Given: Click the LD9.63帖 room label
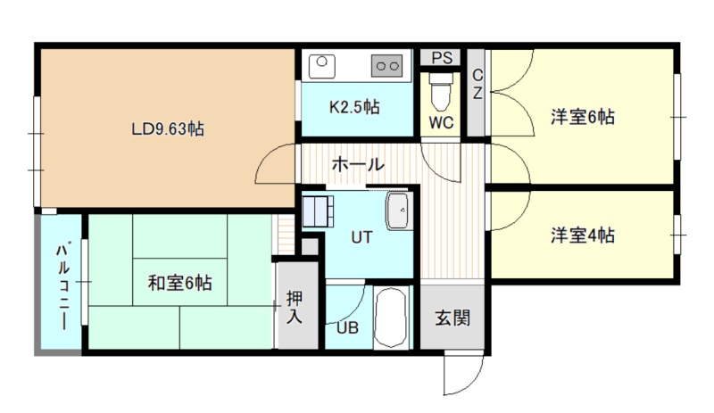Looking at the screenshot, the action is pyautogui.click(x=168, y=129).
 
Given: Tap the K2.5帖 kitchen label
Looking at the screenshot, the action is pyautogui.click(x=354, y=107).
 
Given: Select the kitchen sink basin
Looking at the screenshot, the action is pyautogui.click(x=322, y=66).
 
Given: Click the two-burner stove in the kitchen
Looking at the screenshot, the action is pyautogui.click(x=387, y=66).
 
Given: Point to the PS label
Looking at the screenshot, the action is pyautogui.click(x=442, y=58).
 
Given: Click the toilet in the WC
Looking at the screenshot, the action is pyautogui.click(x=441, y=91).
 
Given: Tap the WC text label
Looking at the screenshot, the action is pyautogui.click(x=441, y=122).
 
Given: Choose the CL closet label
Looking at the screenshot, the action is pyautogui.click(x=477, y=84).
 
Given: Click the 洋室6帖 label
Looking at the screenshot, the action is pyautogui.click(x=583, y=117).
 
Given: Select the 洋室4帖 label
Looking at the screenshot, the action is pyautogui.click(x=583, y=235).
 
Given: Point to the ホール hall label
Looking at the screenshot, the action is pyautogui.click(x=358, y=164).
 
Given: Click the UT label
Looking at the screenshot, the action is pyautogui.click(x=362, y=237).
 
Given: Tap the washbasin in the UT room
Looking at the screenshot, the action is pyautogui.click(x=400, y=211).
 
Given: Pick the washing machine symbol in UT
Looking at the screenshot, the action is pyautogui.click(x=318, y=211).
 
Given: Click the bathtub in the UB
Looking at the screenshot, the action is pyautogui.click(x=391, y=318).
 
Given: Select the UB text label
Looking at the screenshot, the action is pyautogui.click(x=347, y=328).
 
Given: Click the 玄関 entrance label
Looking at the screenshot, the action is pyautogui.click(x=452, y=318).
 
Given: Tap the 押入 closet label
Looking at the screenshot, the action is pyautogui.click(x=295, y=308).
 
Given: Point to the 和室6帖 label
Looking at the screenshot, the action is pyautogui.click(x=180, y=283).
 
